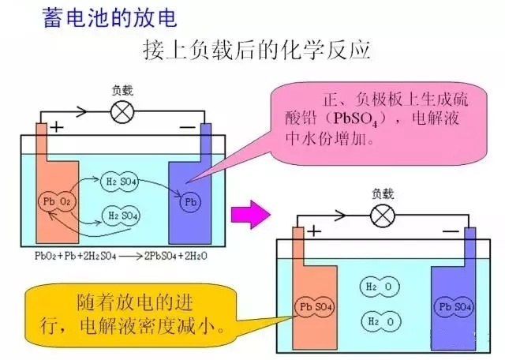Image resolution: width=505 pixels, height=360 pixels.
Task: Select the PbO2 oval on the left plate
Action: pyautogui.click(x=58, y=202)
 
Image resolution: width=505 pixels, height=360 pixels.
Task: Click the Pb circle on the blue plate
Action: pyautogui.click(x=189, y=202)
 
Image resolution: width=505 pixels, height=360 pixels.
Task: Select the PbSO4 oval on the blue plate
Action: pyautogui.click(x=454, y=306)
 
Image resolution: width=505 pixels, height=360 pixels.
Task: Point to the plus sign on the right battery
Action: pyautogui.click(x=314, y=231)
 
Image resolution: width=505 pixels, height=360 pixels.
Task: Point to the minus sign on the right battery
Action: pyautogui.click(x=451, y=231)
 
